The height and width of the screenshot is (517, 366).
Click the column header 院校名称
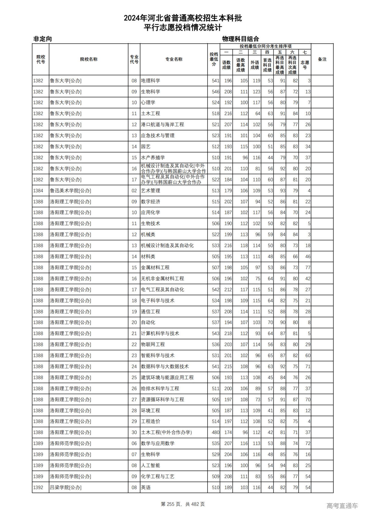89,59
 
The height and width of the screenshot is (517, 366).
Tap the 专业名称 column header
174,59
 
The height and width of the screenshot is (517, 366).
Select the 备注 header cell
322,59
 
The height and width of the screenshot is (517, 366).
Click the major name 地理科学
151,81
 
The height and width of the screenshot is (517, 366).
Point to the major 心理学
148,103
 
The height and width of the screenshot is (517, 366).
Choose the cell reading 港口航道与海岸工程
162,125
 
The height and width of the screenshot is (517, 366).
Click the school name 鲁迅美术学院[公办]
70,191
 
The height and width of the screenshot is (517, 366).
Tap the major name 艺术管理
151,191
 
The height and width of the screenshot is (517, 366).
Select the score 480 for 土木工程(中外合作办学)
216,432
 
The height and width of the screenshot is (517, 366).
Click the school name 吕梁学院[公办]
65,488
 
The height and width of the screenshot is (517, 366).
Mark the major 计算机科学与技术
160,334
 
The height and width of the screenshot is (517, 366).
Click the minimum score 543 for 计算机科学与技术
216,334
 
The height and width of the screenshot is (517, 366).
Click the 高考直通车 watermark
342,506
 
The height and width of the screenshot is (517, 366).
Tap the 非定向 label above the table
43,39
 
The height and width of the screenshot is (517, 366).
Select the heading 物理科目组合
240,39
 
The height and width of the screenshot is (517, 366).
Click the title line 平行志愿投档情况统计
183,28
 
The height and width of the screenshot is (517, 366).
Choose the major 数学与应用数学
158,444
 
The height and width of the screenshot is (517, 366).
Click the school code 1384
38,191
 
